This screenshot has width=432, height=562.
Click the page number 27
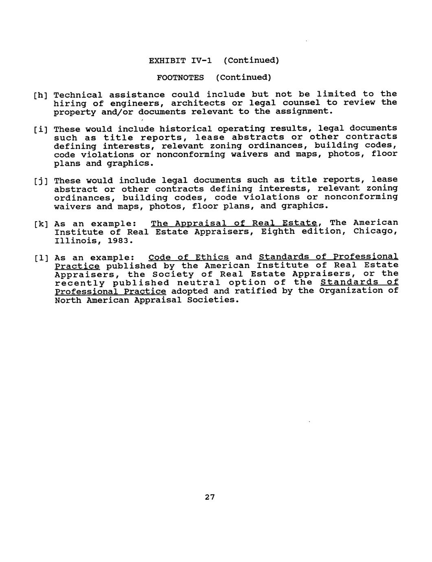coord(210,497)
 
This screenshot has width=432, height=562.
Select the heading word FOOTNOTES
coord(180,77)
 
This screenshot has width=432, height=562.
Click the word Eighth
coord(278,232)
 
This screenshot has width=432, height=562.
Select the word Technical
coord(78,95)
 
